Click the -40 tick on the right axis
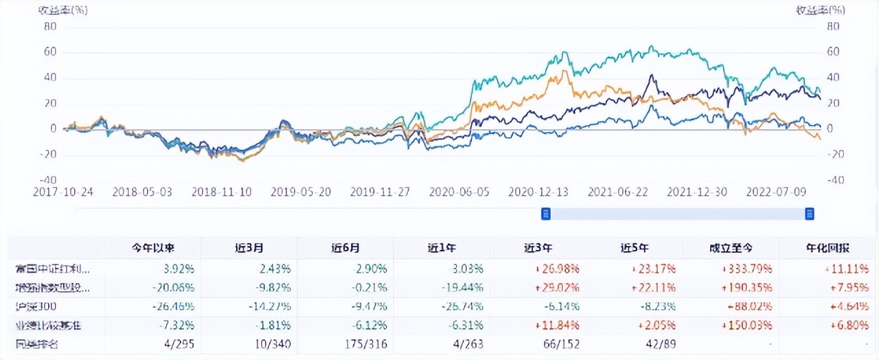[833, 181]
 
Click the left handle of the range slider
[546, 214]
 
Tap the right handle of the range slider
[810, 214]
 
